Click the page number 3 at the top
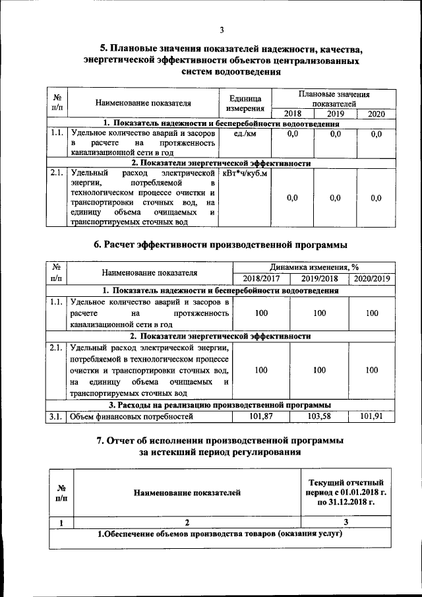click(x=223, y=30)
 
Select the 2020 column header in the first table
click(x=376, y=114)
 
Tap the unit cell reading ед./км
click(x=245, y=134)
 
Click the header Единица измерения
click(x=245, y=103)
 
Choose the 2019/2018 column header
click(x=319, y=279)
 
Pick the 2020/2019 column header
click(x=373, y=279)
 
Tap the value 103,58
click(x=319, y=416)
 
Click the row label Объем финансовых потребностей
click(x=131, y=416)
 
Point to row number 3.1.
click(x=55, y=416)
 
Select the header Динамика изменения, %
click(x=314, y=267)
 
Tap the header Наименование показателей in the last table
click(x=187, y=492)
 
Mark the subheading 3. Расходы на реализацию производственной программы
click(x=220, y=404)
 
